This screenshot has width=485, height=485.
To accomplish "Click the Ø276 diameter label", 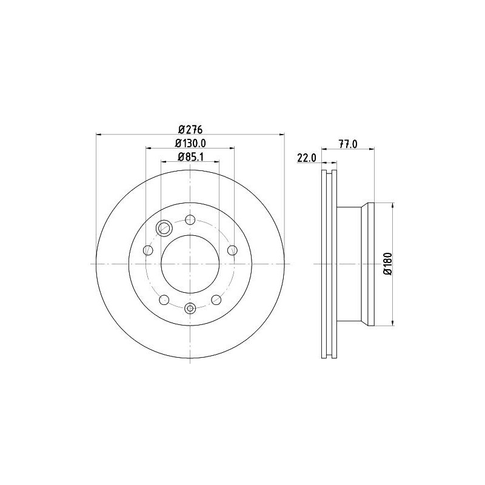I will [x=190, y=129].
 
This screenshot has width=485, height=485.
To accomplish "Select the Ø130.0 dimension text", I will [x=190, y=143].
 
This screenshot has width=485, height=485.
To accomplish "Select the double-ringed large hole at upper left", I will [x=164, y=228].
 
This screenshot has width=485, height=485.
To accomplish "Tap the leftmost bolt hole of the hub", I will [x=147, y=250].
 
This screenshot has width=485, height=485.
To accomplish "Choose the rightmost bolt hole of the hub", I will [x=232, y=250].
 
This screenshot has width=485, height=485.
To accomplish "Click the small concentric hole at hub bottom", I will [x=190, y=309].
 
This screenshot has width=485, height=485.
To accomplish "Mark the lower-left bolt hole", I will [x=164, y=299].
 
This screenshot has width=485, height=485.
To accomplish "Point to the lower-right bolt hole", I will [x=216, y=299].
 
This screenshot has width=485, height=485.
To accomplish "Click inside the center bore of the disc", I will [x=190, y=264].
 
